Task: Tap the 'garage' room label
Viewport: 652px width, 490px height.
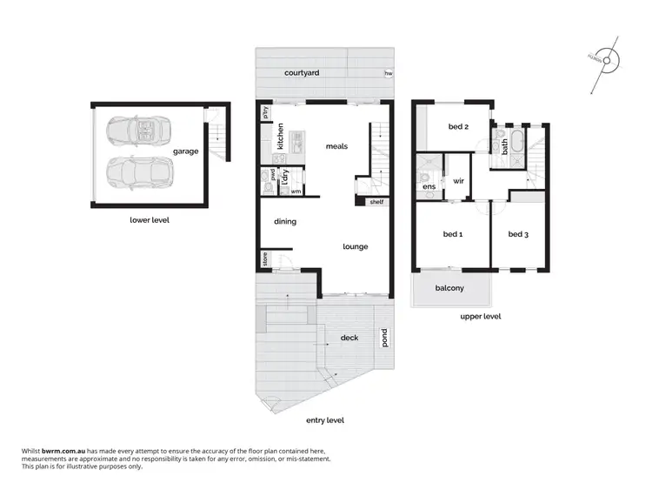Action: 185,151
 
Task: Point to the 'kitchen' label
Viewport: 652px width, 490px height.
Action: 281,138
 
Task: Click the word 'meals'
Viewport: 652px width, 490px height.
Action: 336,146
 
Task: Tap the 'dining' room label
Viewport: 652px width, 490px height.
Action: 285,221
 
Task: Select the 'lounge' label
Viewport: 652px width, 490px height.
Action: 355,246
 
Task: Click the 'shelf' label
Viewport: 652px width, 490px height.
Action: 376,202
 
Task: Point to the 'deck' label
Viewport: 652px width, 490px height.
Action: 349,338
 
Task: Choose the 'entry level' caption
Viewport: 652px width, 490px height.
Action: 325,420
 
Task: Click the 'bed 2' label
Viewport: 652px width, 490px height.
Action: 458,127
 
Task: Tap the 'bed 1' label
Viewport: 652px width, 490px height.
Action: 453,233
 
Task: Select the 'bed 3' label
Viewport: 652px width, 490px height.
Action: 518,233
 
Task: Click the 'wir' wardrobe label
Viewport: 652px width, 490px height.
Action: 458,181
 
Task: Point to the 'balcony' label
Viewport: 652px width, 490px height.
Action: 449,288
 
